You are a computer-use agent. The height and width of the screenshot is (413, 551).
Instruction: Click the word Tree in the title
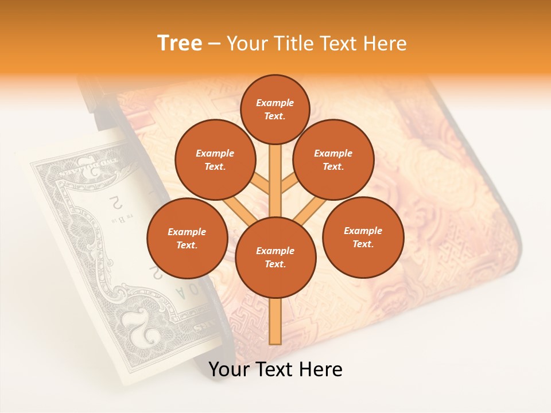(x=179, y=43)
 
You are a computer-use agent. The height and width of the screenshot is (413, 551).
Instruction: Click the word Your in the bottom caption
(x=228, y=369)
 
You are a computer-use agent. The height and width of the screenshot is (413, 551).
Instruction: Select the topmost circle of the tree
(x=275, y=110)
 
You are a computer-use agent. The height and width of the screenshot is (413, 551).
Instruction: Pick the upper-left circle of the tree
(x=215, y=159)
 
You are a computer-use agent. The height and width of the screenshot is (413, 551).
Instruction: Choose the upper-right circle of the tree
(x=333, y=159)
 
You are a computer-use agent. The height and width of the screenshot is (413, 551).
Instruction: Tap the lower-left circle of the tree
(x=187, y=238)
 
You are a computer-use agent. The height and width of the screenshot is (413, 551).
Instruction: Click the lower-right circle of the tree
(x=363, y=237)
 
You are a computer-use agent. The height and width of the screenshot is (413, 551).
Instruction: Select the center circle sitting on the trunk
(x=275, y=257)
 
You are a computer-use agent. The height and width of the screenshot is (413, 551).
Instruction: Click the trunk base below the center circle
(x=275, y=321)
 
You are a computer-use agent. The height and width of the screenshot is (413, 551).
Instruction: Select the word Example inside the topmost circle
(x=275, y=103)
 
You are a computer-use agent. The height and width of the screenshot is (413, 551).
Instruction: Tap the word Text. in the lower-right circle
(x=363, y=244)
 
